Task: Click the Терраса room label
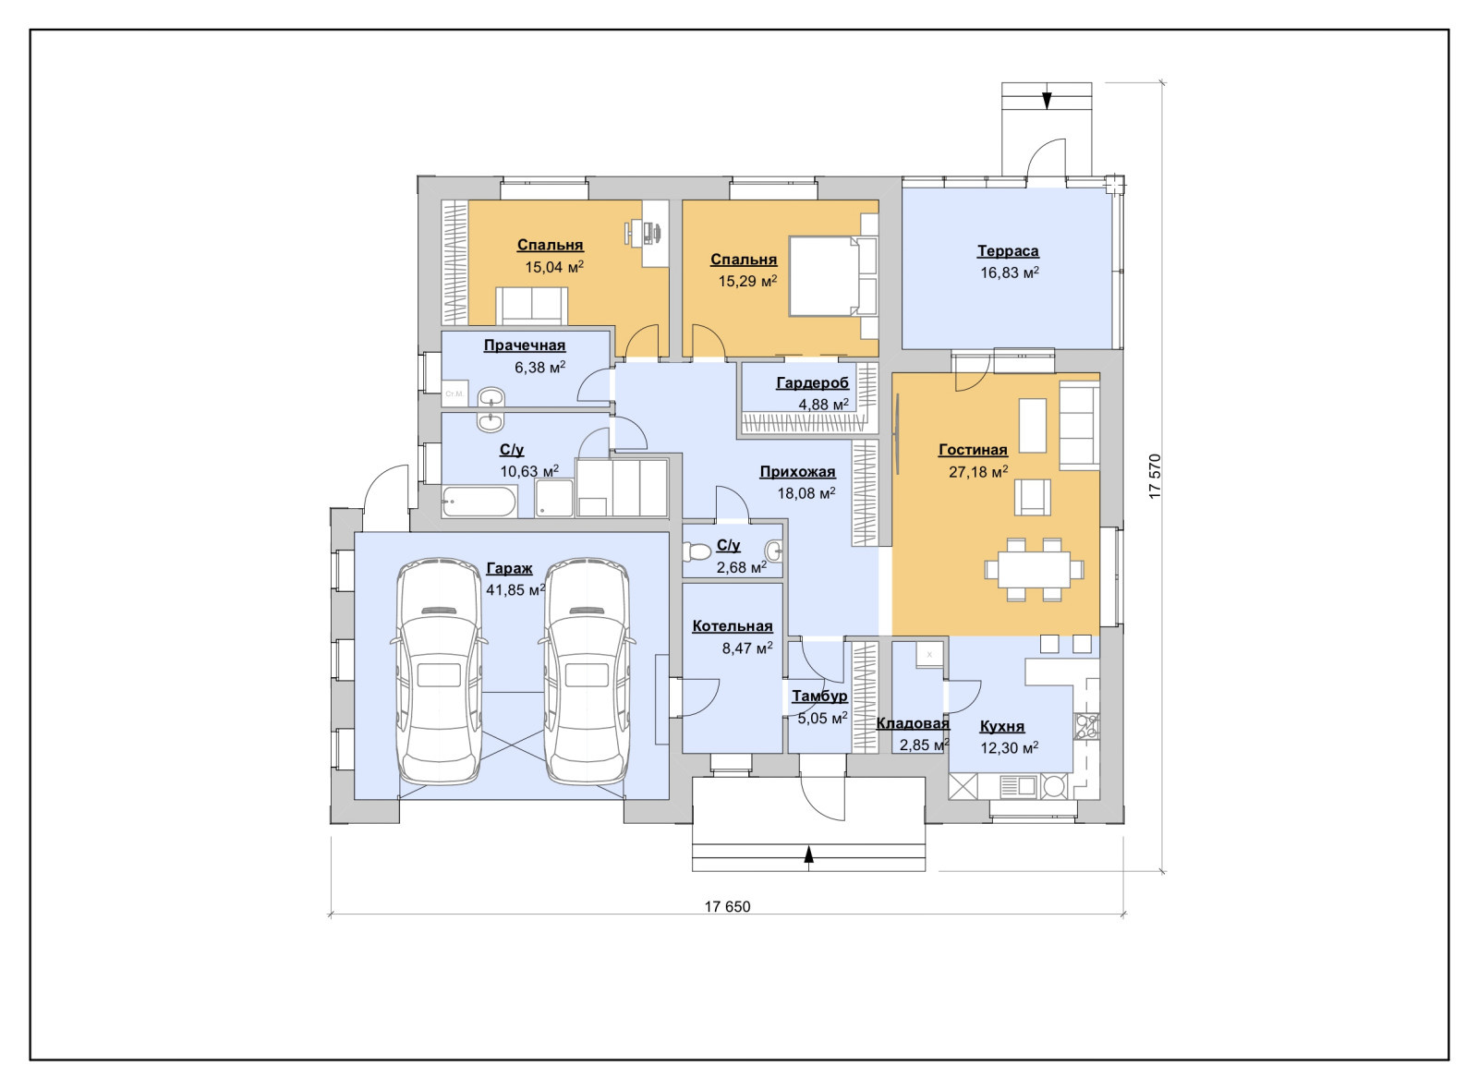pos(1008,250)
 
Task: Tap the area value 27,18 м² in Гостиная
pos(978,472)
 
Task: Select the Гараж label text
pos(509,569)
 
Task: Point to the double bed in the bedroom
pos(832,276)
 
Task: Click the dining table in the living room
pos(1034,569)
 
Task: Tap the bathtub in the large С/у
pos(479,502)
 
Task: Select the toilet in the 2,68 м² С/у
pos(696,551)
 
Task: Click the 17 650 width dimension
pos(727,906)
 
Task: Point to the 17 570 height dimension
pos(1155,477)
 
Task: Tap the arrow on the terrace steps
pos(1047,101)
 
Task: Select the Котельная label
pos(733,626)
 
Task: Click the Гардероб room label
pos(812,382)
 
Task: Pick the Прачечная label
pos(525,345)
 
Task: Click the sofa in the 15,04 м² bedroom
pos(531,306)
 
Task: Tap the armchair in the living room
pos(1032,497)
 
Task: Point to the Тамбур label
pos(819,696)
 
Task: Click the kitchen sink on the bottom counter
pos(1019,786)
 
